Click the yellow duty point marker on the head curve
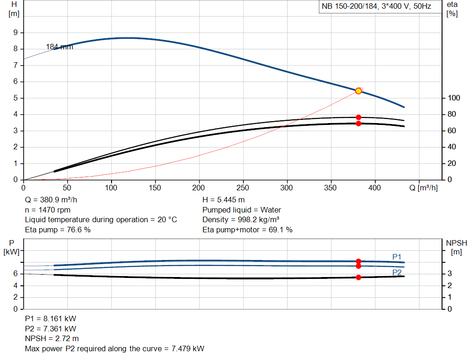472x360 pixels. click(x=359, y=91)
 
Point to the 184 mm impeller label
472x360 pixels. click(x=59, y=47)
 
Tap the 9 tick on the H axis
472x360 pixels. click(x=16, y=32)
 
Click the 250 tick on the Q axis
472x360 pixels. click(x=243, y=188)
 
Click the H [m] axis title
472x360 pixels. click(x=14, y=8)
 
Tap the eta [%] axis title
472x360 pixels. click(x=452, y=8)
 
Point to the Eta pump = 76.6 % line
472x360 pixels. click(x=58, y=230)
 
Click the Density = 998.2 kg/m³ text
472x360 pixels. click(x=241, y=220)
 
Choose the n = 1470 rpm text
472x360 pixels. click(x=47, y=210)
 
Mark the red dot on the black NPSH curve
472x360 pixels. click(x=359, y=277)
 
